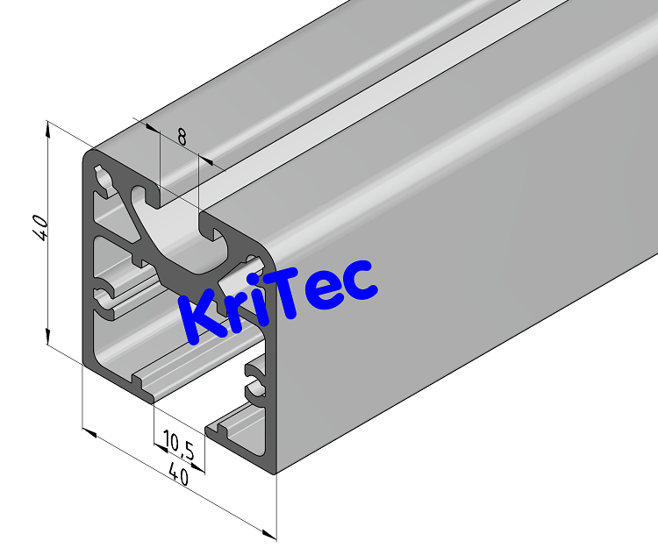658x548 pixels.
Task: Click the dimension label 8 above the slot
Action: pyautogui.click(x=182, y=137)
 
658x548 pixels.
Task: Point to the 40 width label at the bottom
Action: pyautogui.click(x=179, y=476)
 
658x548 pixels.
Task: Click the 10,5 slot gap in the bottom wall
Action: pyautogui.click(x=181, y=416)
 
